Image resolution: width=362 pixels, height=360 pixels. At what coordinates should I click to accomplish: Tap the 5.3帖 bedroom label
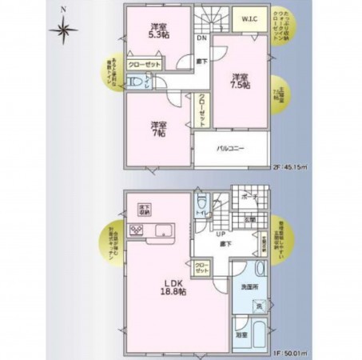pos(158,30)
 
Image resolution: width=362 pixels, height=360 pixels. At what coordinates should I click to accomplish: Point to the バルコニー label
pos(230,149)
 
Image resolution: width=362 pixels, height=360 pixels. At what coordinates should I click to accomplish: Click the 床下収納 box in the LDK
pos(144,212)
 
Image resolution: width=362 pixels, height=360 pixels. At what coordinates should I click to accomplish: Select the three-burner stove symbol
pos(136,232)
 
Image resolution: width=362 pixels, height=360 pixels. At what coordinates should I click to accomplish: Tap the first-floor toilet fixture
pos(202,202)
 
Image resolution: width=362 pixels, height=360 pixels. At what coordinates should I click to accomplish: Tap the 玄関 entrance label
pos(250,220)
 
